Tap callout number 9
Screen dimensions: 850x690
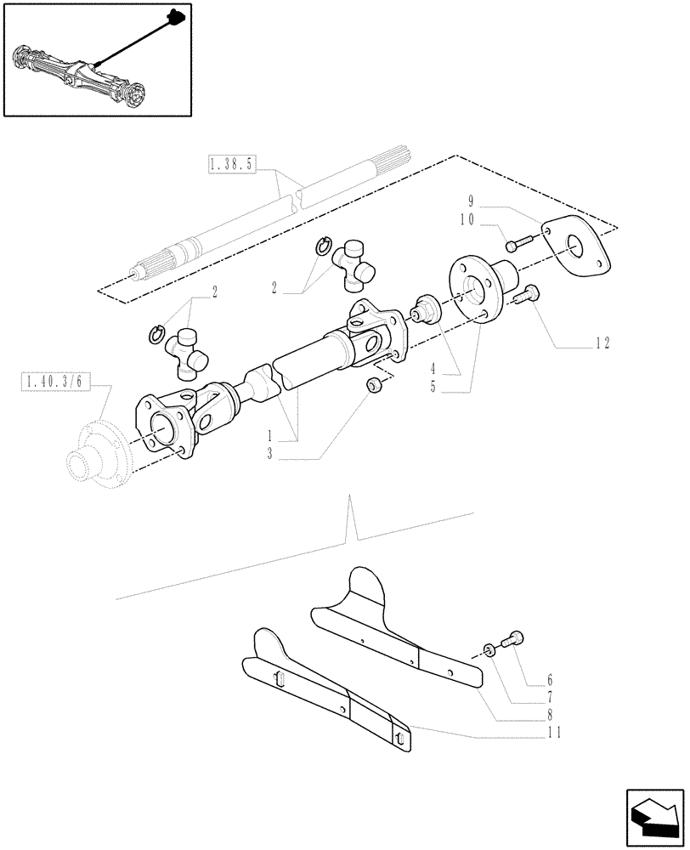[471, 201]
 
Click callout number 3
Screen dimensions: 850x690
[269, 456]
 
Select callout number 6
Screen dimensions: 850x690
[550, 680]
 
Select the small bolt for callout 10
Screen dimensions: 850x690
[513, 246]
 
